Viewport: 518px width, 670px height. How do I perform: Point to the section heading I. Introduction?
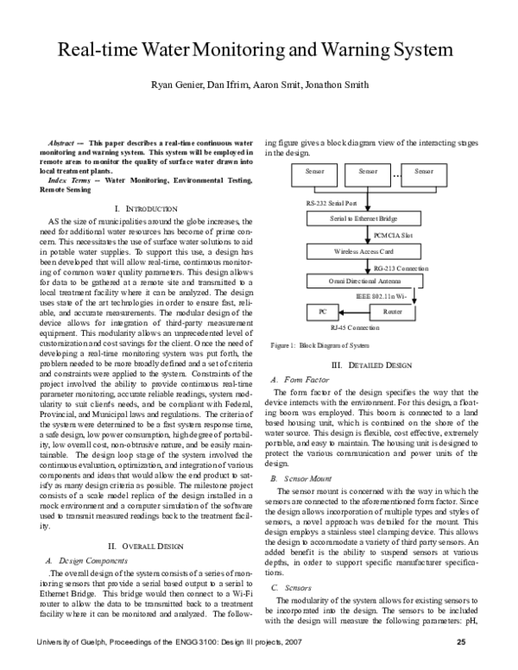(145, 209)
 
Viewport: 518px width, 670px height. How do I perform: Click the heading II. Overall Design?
(145, 546)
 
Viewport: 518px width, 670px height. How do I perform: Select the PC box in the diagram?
(322, 310)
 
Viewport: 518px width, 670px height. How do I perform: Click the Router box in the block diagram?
(393, 310)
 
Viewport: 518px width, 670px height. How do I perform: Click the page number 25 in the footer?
(461, 642)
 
